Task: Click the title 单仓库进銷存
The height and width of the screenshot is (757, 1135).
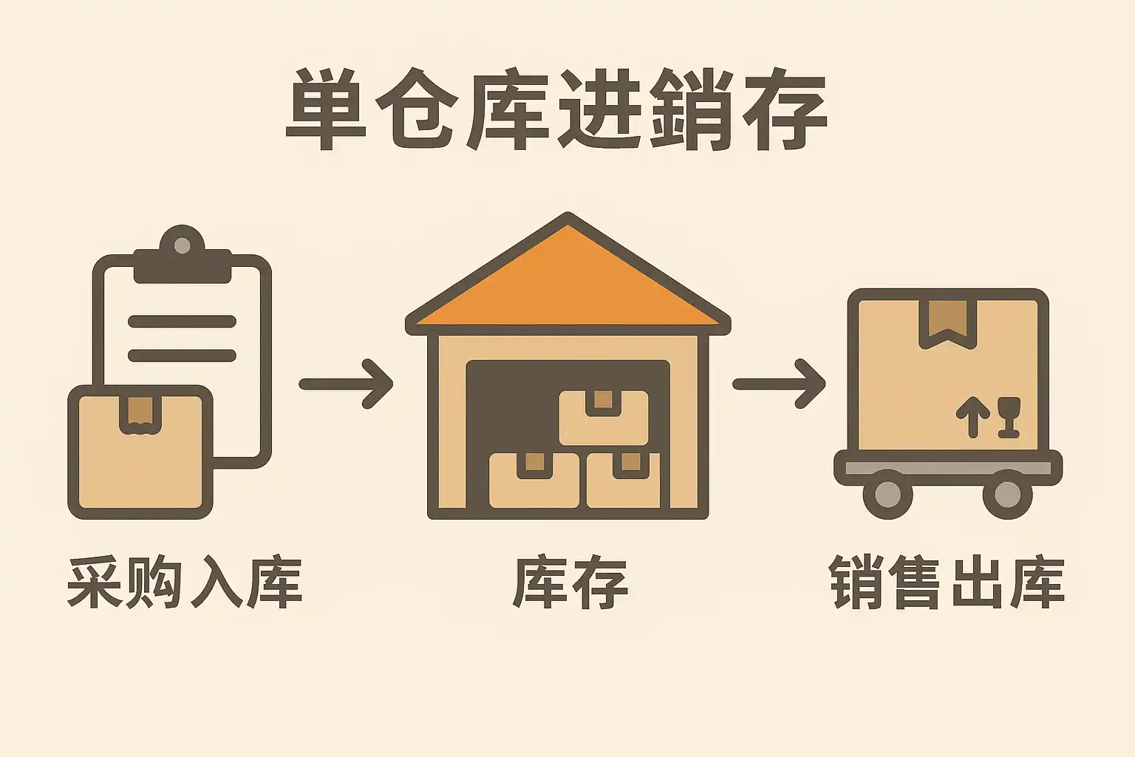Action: pos(556,111)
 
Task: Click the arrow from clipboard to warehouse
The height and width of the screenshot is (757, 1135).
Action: pos(346,384)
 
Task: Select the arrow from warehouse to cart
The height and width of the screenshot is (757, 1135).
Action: pos(779,384)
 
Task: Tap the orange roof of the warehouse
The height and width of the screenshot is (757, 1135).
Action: pos(567,285)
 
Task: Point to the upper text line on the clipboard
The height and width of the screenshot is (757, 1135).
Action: pos(182,322)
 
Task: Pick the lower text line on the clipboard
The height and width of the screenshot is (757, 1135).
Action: pos(182,356)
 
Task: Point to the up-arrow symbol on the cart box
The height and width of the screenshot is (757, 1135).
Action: pos(972,416)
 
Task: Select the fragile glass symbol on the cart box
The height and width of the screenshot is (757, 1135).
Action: pos(1009,416)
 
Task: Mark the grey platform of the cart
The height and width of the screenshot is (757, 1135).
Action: pos(948,468)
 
